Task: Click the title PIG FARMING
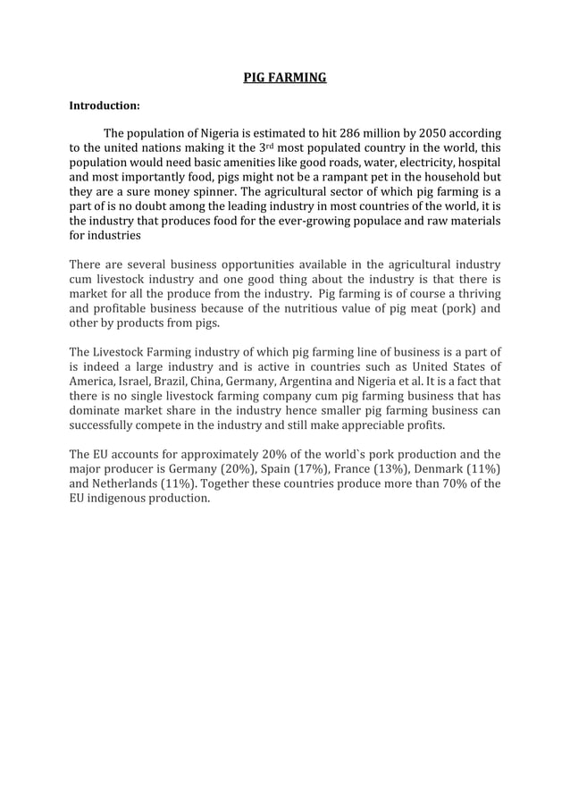(x=285, y=78)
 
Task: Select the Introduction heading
(x=105, y=105)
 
